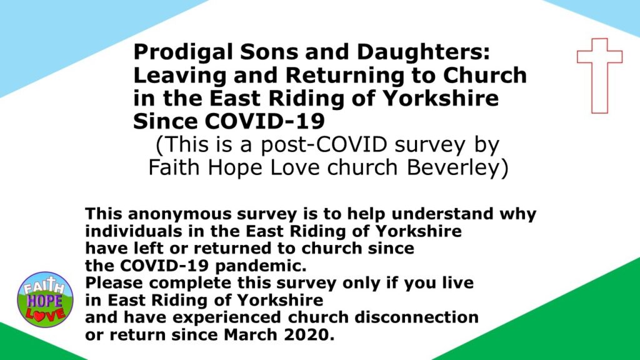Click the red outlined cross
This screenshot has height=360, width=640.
[x=599, y=75]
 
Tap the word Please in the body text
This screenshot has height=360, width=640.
[x=110, y=282]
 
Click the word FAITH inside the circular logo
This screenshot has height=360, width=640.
[x=43, y=288]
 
